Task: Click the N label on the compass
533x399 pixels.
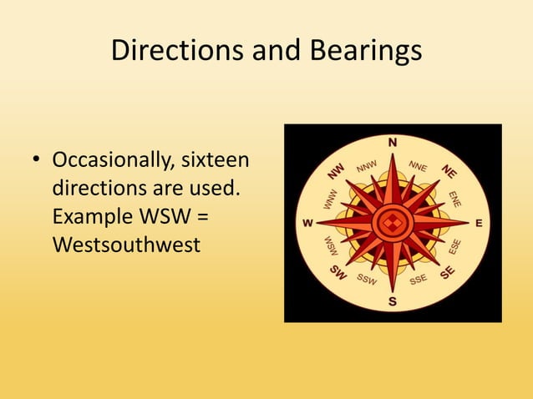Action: [392, 140]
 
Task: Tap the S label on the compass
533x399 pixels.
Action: [392, 302]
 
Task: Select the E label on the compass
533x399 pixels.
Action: [479, 223]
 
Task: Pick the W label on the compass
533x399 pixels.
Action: [307, 224]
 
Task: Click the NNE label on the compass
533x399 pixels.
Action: [418, 167]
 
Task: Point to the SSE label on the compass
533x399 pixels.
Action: [419, 279]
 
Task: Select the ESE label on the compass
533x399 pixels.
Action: [454, 246]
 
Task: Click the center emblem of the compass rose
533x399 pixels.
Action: [391, 223]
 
